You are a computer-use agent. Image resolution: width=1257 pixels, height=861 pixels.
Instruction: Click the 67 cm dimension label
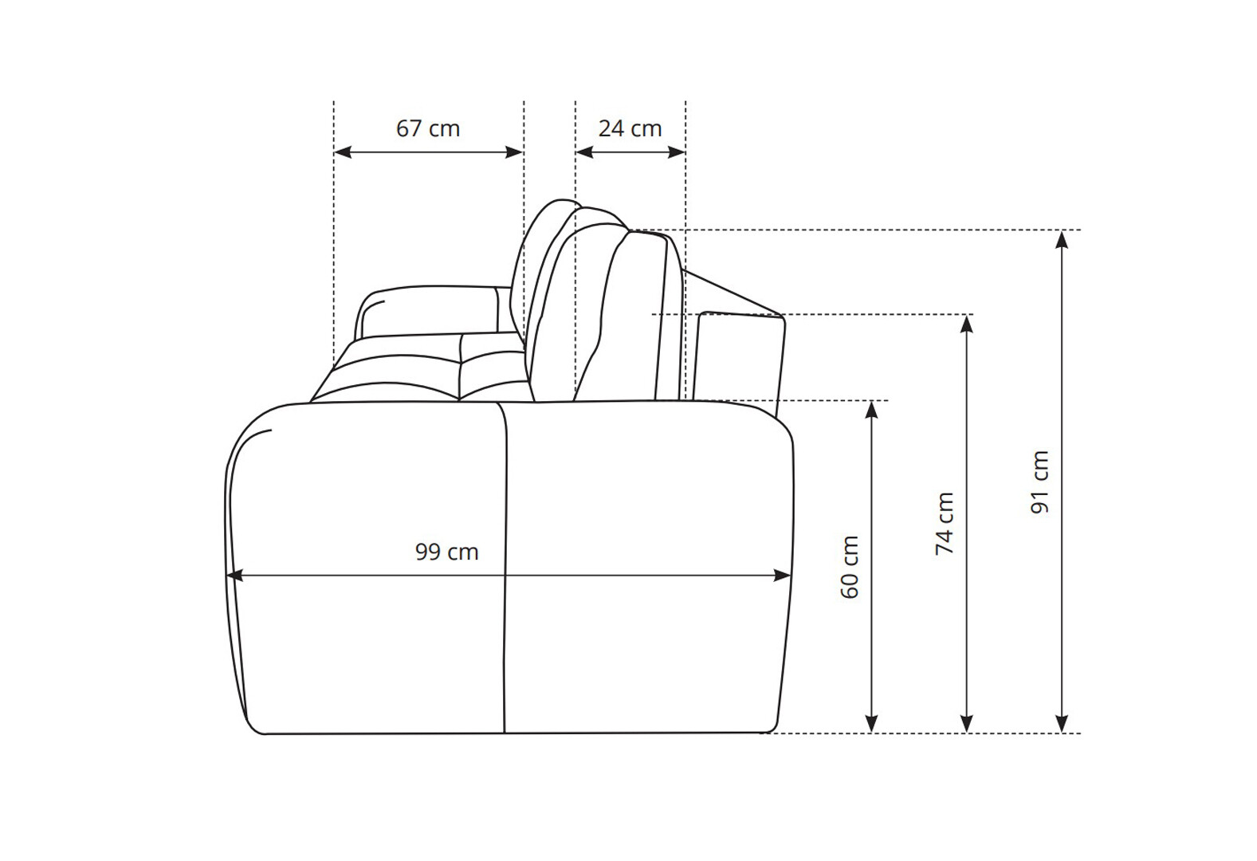(427, 129)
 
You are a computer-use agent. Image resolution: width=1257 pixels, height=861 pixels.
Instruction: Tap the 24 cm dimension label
(630, 129)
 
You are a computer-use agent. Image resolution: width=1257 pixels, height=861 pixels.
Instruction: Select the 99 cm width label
(446, 552)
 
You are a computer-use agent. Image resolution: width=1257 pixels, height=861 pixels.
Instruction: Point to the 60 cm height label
(850, 568)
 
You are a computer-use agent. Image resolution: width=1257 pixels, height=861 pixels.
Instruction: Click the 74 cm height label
(945, 524)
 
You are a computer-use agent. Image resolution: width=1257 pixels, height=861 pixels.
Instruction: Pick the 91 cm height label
(1040, 482)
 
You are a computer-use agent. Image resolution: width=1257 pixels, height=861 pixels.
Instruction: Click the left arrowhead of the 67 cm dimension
(343, 152)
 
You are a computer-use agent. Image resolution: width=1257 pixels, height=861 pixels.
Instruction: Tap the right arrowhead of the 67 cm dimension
(515, 152)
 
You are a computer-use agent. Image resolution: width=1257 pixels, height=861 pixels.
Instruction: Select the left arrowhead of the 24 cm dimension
(585, 152)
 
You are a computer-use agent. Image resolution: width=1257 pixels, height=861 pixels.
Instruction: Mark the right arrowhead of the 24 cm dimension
(676, 152)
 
